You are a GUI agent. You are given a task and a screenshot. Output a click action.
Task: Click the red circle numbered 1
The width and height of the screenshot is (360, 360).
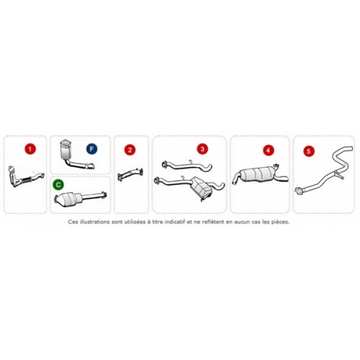click(x=30, y=149)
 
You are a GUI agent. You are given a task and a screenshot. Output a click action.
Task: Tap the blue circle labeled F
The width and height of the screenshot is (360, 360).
click(x=91, y=149)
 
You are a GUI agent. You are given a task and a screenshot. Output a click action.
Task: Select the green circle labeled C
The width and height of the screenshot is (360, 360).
click(x=58, y=184)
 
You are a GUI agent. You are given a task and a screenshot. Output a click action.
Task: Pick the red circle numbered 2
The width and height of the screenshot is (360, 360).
click(x=130, y=150)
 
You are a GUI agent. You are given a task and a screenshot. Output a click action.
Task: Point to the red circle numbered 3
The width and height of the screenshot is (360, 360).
click(x=202, y=149)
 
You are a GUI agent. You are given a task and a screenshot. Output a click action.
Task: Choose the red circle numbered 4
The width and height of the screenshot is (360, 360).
click(x=268, y=150)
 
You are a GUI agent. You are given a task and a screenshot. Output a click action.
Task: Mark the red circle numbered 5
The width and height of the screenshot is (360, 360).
click(x=309, y=151)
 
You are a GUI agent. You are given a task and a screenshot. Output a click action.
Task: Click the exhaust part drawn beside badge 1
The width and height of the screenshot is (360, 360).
click(x=26, y=177)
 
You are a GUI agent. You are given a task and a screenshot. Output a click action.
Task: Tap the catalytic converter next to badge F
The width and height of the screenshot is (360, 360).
click(x=66, y=150)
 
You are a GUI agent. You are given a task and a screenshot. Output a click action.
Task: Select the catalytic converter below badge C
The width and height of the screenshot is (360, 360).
click(x=68, y=198)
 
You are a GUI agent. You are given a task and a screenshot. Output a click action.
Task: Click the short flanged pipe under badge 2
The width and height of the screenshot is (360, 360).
click(x=130, y=174)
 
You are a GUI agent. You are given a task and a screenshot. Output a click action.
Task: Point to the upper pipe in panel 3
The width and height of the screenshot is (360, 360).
click(x=187, y=166)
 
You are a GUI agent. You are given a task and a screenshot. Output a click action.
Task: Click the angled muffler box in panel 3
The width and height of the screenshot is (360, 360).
click(x=201, y=189)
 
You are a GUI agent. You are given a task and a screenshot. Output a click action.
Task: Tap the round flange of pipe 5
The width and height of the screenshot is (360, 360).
click(x=299, y=191)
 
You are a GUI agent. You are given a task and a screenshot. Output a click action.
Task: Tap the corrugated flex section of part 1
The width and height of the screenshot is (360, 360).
click(x=26, y=180)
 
